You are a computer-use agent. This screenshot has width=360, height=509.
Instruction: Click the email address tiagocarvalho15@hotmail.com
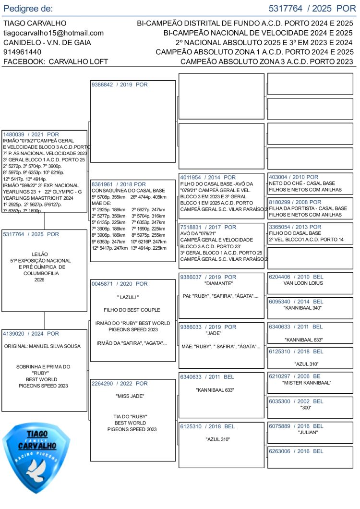coord(53,33)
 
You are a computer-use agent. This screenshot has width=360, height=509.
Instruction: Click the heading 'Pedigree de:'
coord(28,9)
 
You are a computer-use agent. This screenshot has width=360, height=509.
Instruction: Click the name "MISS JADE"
coord(130,396)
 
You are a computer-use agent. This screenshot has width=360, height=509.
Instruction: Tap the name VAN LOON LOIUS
coord(303,283)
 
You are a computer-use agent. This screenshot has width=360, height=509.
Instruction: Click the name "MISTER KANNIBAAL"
coord(307,383)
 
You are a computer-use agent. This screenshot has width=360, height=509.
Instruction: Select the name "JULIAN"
coord(308,432)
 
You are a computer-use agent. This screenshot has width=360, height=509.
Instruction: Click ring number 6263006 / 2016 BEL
coord(296,451)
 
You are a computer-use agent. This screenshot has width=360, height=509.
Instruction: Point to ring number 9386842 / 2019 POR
coord(120,85)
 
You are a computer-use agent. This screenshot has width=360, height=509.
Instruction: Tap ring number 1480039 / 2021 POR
coord(31,134)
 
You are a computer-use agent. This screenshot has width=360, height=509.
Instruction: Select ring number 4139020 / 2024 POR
coord(31,334)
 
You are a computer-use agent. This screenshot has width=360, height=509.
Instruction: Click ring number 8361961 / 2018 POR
coord(119,184)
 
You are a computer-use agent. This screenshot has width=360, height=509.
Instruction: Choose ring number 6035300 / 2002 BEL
coord(296,401)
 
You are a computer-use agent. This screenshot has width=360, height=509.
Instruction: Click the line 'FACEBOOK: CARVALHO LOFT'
coord(56,61)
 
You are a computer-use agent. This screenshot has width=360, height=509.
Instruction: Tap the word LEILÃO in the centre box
coord(39,254)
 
